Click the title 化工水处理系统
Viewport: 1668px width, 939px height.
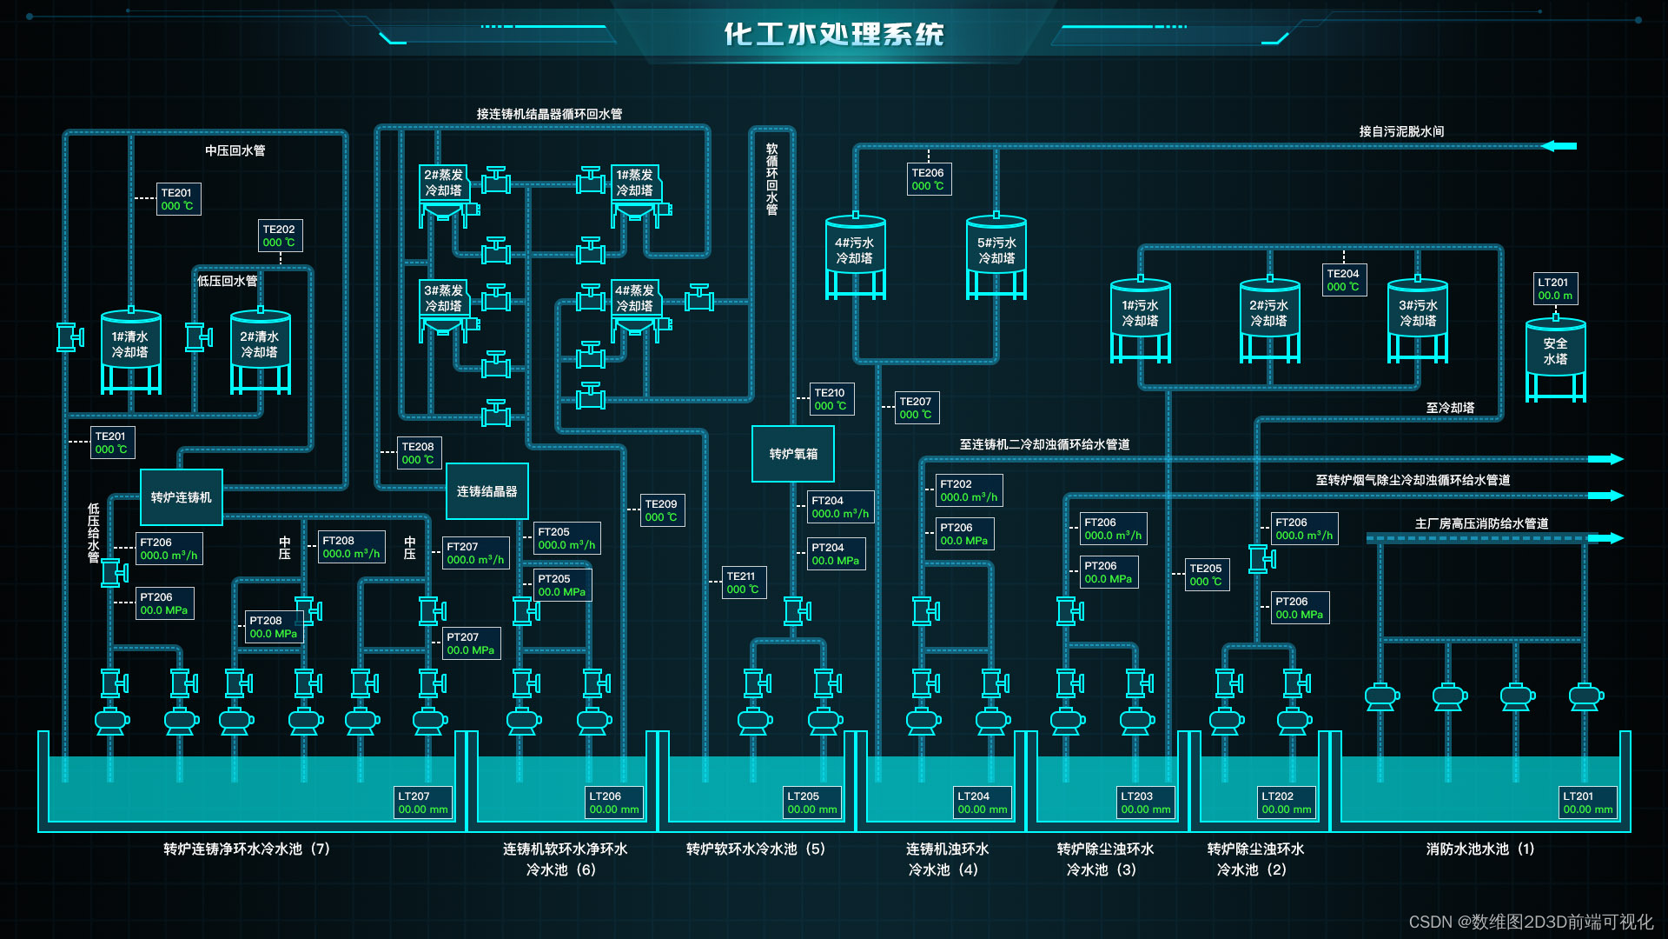(x=834, y=35)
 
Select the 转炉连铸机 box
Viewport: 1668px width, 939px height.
(x=182, y=497)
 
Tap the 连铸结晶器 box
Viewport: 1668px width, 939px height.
(x=486, y=491)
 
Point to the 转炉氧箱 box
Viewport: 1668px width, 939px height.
(x=793, y=454)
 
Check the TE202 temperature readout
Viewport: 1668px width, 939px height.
(x=280, y=236)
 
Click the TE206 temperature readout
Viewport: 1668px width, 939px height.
(x=929, y=179)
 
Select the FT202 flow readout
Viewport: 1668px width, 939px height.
(x=969, y=490)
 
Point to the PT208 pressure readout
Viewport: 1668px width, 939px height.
(x=273, y=627)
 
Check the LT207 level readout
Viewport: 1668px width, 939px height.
(x=423, y=802)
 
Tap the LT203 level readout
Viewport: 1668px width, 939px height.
(x=1145, y=802)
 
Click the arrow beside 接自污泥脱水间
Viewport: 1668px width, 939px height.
(x=1559, y=146)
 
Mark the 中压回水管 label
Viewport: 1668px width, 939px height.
(x=235, y=150)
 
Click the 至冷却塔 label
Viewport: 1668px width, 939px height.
(x=1450, y=408)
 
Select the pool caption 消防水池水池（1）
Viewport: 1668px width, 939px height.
(x=1479, y=849)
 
